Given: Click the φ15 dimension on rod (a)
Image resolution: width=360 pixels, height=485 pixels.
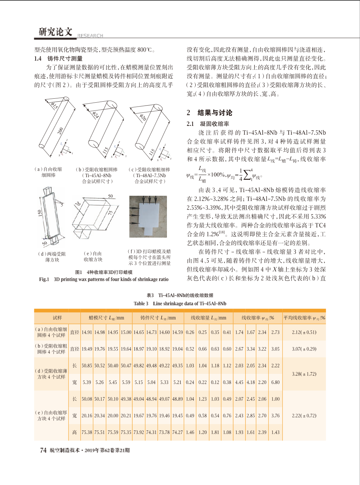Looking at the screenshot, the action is point(54,106).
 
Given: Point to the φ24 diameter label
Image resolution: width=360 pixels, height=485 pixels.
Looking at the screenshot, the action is point(96,115).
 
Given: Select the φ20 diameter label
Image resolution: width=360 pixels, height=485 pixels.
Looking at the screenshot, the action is point(143,117).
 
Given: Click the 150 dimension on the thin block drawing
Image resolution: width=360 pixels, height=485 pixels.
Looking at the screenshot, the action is point(40,213).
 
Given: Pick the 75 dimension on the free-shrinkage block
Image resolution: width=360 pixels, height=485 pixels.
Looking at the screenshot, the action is point(111,212).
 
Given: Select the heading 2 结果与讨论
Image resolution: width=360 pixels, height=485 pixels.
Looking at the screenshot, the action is point(209,113).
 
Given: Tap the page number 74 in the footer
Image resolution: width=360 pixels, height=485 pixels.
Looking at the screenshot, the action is point(43,450).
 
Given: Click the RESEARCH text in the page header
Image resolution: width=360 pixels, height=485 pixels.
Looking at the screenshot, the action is point(90,36).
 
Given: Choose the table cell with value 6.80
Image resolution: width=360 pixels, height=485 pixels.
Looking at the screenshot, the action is point(275,382).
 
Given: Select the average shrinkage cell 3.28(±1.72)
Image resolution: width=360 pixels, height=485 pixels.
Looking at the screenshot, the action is point(304,374).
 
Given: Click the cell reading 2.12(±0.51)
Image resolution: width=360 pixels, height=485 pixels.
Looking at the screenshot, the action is point(304,332).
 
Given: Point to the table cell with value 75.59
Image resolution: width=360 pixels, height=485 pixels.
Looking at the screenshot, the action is point(113,432).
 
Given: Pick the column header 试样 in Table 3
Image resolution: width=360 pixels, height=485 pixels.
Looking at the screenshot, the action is point(57,318).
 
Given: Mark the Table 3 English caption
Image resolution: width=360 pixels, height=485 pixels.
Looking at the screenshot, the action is point(180,304).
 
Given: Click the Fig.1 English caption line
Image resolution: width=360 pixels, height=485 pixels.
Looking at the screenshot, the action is point(104,279).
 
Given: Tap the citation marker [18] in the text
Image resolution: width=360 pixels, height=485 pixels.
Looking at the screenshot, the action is point(222,232).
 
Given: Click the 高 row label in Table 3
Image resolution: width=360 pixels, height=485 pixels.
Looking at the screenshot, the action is point(74,432).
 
